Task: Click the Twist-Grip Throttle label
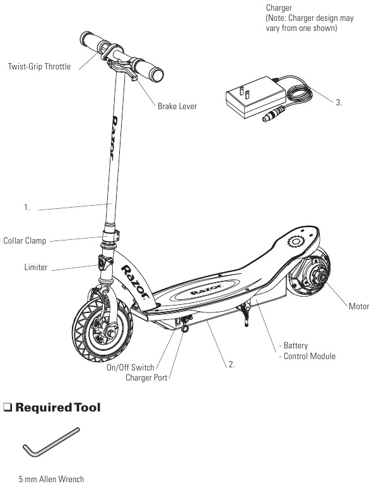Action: tap(39, 66)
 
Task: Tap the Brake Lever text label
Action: tap(177, 106)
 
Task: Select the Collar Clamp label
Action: tap(25, 241)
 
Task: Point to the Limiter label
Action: tap(36, 267)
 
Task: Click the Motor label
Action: tap(359, 306)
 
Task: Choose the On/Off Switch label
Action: tap(130, 367)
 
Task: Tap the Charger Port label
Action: tap(146, 377)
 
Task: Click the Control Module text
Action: tap(309, 356)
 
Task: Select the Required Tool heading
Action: tap(58, 408)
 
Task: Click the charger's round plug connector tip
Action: tap(266, 119)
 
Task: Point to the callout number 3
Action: tap(339, 102)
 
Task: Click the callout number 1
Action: tap(27, 207)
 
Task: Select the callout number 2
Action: tap(232, 364)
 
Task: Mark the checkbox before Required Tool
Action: tap(8, 408)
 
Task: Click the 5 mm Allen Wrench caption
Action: tap(51, 479)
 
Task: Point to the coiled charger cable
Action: tap(299, 91)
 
